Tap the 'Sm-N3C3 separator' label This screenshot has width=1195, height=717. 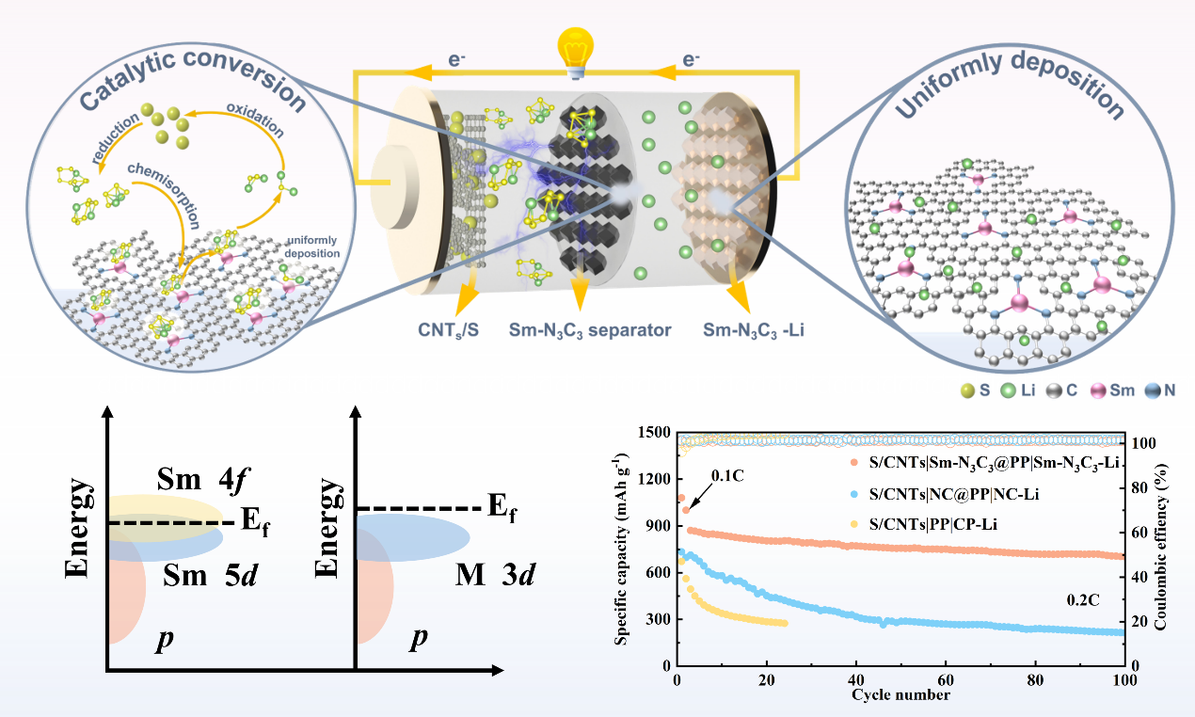pyautogui.click(x=590, y=330)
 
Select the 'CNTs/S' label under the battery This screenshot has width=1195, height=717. pyautogui.click(x=450, y=330)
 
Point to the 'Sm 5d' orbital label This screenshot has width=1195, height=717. pyautogui.click(x=211, y=575)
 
